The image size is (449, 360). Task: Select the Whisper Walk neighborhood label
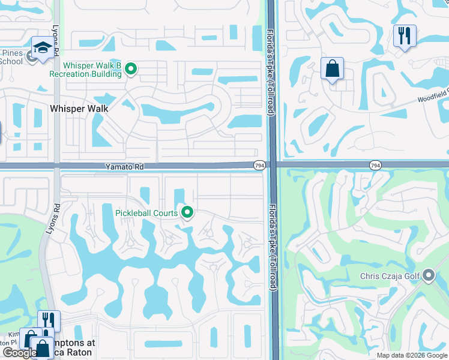click(x=79, y=109)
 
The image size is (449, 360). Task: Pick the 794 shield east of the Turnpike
click(x=375, y=165)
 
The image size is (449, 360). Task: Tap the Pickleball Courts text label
click(x=146, y=213)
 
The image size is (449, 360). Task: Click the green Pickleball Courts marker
click(x=187, y=212)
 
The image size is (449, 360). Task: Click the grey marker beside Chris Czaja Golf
click(x=428, y=275)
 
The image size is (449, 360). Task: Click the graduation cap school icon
click(x=42, y=47)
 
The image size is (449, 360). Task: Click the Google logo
click(x=19, y=353)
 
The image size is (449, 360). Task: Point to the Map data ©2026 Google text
click(x=412, y=355)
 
